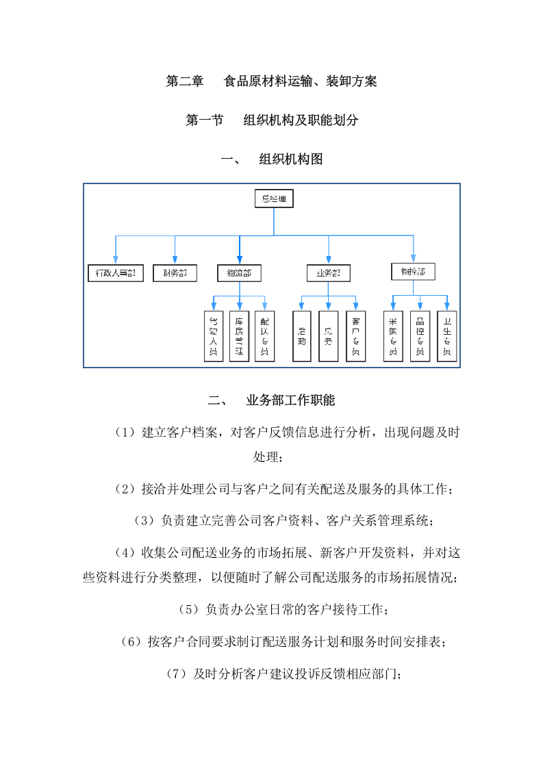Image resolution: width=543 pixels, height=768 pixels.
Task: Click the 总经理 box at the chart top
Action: click(x=273, y=199)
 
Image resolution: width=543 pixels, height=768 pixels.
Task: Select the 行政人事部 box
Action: click(x=116, y=273)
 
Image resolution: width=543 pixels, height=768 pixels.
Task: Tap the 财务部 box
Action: click(x=175, y=273)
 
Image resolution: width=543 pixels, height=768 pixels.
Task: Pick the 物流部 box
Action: click(x=239, y=273)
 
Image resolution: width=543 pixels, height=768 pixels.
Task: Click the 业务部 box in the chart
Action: click(x=328, y=273)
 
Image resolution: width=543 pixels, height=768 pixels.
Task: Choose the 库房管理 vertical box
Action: click(x=239, y=335)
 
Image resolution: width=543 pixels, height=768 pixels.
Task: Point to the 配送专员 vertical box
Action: click(x=264, y=335)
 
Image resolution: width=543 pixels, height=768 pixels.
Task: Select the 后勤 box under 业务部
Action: click(x=302, y=335)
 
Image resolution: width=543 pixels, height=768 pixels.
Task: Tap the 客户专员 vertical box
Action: click(x=355, y=335)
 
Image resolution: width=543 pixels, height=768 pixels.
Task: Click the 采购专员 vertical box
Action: click(x=393, y=335)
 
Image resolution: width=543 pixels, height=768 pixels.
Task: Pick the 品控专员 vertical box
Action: click(x=420, y=335)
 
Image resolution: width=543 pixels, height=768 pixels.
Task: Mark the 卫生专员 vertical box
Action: click(x=446, y=335)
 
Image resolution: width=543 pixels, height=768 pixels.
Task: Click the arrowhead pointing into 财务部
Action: click(x=175, y=259)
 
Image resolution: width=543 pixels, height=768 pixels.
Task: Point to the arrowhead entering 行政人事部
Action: click(x=116, y=259)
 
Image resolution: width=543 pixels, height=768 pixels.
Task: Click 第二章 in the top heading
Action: click(x=185, y=81)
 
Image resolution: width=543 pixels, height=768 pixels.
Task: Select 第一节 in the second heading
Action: click(x=205, y=120)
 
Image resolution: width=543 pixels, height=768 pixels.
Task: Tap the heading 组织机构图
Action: click(x=290, y=159)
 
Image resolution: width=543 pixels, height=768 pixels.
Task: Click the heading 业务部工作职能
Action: click(x=290, y=400)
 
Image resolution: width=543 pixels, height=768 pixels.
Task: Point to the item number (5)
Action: click(x=187, y=609)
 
